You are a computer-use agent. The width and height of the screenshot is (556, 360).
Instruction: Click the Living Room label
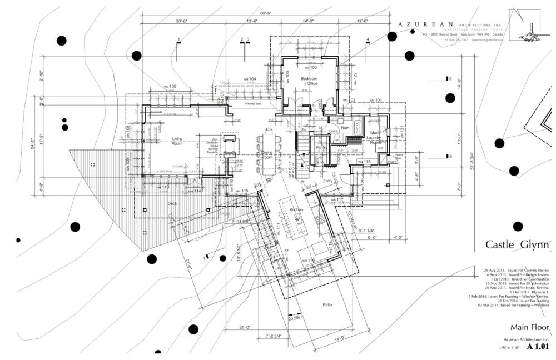tap(177, 141)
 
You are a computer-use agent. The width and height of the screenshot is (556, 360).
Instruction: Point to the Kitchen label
tap(296, 209)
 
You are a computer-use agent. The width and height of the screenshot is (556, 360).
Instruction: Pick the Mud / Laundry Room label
tap(373, 137)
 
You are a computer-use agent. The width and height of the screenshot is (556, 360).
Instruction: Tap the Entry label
tap(327, 181)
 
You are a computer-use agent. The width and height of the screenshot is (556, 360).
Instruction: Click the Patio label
tap(327, 304)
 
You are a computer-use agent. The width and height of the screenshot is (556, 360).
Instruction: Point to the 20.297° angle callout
tap(296, 318)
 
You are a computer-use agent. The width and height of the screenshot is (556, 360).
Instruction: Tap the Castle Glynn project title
tap(517, 244)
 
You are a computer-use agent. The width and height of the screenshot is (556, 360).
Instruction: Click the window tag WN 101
tap(375, 100)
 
